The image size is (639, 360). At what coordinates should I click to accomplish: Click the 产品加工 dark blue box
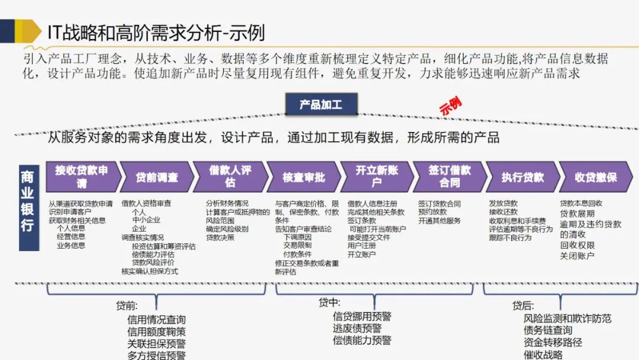[x=321, y=104]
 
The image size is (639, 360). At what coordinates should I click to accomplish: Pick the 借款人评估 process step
[x=230, y=176]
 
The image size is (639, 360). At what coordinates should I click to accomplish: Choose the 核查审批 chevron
[x=303, y=177]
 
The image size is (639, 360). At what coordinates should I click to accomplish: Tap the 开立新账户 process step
[x=376, y=176]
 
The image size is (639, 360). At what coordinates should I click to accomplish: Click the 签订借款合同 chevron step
[x=449, y=176]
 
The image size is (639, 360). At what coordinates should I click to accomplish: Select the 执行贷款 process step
[x=522, y=177]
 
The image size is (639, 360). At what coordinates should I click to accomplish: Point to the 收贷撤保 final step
[x=596, y=177]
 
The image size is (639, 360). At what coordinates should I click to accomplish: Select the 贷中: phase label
[x=329, y=303]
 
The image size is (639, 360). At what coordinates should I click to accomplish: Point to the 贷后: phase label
[x=523, y=306]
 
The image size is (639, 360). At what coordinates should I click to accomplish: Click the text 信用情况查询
[x=156, y=320]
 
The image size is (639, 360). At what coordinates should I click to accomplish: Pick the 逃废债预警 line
[x=357, y=328]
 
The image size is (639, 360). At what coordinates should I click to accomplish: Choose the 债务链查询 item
[x=548, y=330]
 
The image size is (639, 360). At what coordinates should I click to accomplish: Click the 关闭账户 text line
[x=577, y=256]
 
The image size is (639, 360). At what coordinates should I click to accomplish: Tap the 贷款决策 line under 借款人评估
[x=220, y=237]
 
